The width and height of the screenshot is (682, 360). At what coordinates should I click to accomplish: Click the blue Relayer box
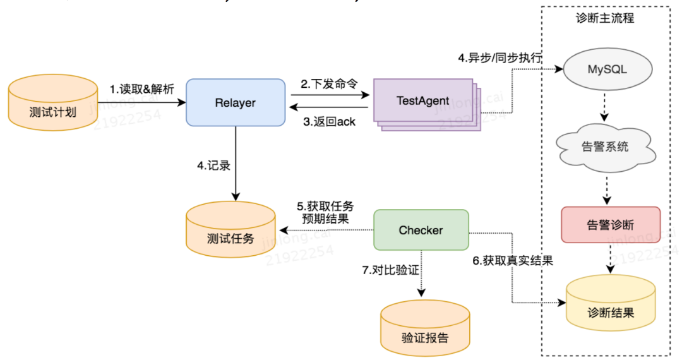pyautogui.click(x=235, y=102)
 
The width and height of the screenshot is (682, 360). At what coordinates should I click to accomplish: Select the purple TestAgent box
pyautogui.click(x=422, y=100)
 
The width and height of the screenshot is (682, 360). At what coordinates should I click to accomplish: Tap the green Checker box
pyautogui.click(x=421, y=231)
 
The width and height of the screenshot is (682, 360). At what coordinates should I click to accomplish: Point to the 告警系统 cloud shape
pyautogui.click(x=605, y=147)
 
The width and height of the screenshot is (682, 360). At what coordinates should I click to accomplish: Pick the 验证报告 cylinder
pyautogui.click(x=424, y=330)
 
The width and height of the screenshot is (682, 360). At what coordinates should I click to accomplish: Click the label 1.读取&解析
pyautogui.click(x=141, y=89)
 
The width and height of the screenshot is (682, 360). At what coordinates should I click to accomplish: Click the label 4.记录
pyautogui.click(x=213, y=166)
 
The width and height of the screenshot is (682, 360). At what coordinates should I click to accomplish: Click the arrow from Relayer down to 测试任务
pyautogui.click(x=235, y=161)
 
